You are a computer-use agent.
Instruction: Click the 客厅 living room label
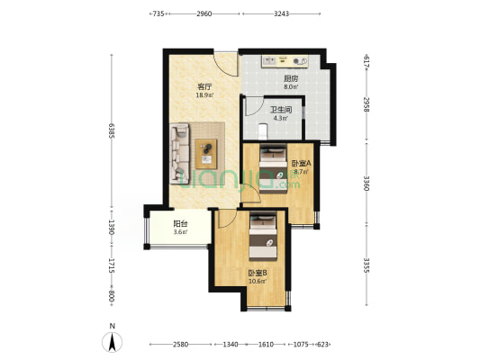click(x=204, y=86)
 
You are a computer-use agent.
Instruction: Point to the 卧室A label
click(x=301, y=163)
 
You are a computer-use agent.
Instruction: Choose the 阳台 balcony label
click(x=180, y=224)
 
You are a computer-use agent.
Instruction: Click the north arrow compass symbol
click(x=111, y=339)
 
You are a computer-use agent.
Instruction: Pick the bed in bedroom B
click(x=263, y=232)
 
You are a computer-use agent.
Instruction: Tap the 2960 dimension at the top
click(x=204, y=14)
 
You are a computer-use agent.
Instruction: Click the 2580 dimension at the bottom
click(x=180, y=344)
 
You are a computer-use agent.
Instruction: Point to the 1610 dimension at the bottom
click(x=265, y=344)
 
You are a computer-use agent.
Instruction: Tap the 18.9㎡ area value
click(x=204, y=94)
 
